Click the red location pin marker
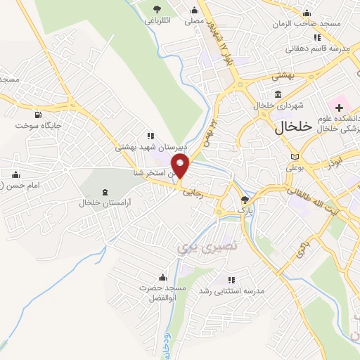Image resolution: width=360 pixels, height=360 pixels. click(x=181, y=167)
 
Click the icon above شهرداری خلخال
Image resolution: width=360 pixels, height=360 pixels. click(x=279, y=94)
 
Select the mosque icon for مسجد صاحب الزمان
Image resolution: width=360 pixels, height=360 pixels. click(x=306, y=13)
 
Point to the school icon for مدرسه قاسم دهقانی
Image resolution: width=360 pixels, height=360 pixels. click(x=317, y=37)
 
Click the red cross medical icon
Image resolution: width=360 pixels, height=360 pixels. click(x=340, y=108)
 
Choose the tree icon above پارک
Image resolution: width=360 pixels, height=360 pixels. click(x=245, y=200)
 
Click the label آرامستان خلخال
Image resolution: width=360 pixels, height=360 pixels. click(x=105, y=202)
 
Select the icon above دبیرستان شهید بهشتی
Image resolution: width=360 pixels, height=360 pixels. click(x=149, y=136)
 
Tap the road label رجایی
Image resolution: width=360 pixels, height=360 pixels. click(x=193, y=191)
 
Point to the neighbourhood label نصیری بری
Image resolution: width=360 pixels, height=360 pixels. click(x=193, y=247)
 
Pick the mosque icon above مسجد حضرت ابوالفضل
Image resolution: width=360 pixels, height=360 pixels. click(x=163, y=276)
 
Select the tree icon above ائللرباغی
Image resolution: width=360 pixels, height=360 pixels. click(x=156, y=9)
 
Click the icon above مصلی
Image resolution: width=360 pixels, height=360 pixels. click(x=195, y=10)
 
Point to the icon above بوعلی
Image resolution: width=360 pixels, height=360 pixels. click(x=295, y=156)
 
